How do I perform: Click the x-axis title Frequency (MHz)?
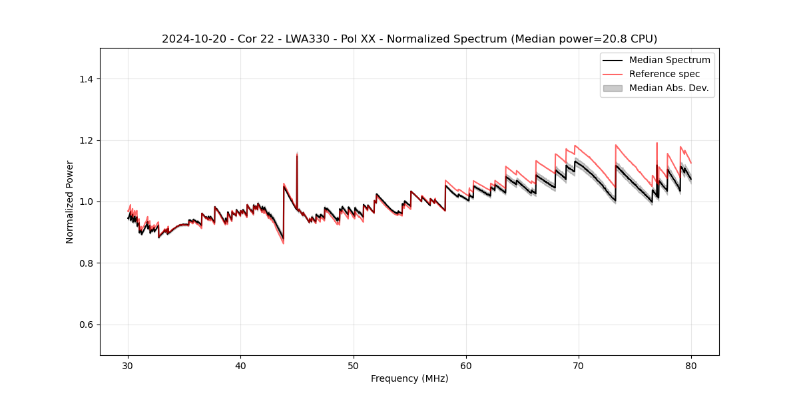[x=409, y=378]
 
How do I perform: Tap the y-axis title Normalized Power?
[x=70, y=201]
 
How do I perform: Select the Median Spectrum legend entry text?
[x=669, y=60]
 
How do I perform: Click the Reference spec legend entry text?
[x=665, y=74]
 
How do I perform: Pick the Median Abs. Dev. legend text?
[x=668, y=88]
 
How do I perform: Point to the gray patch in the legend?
[x=613, y=88]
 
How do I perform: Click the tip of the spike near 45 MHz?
[x=297, y=154]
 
